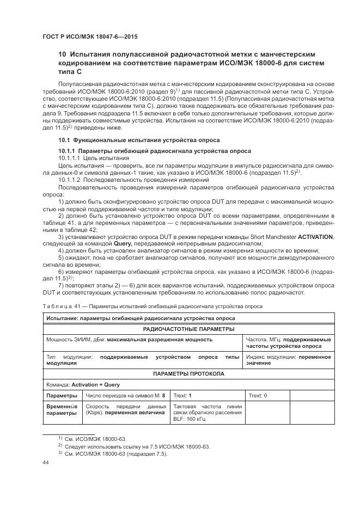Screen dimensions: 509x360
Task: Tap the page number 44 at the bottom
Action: (46, 462)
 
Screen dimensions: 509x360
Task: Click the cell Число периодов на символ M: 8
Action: (125, 396)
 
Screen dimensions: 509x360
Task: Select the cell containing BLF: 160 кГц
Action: (207, 413)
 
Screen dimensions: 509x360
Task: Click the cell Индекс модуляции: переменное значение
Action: (289, 360)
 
